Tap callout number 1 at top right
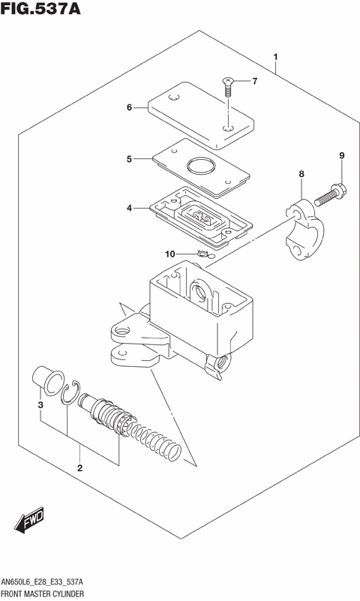[276, 57]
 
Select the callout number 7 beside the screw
[253, 81]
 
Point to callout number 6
[129, 107]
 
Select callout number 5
[129, 159]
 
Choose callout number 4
[129, 207]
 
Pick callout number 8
[301, 174]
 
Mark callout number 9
[341, 155]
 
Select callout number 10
[169, 254]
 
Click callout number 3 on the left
[41, 406]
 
